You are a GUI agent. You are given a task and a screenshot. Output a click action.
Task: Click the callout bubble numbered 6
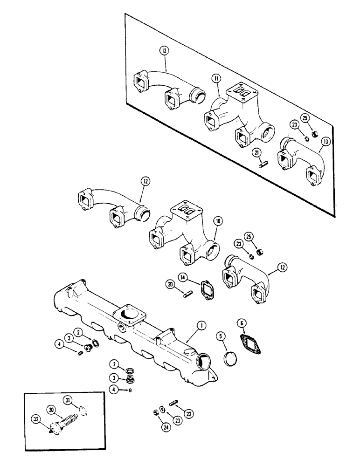tap(241, 323)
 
